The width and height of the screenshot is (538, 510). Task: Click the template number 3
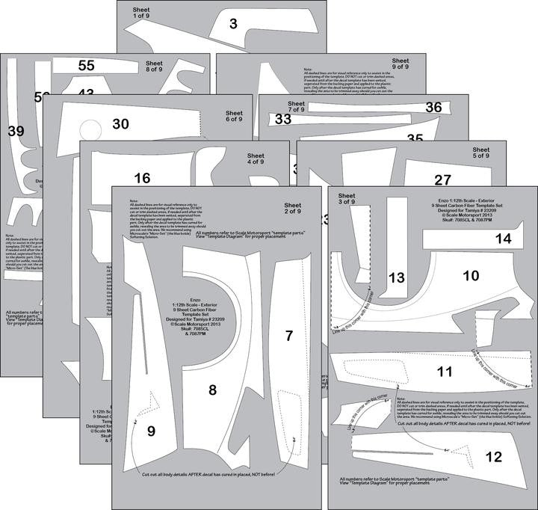click(x=233, y=25)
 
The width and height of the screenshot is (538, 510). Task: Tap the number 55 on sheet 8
click(x=86, y=66)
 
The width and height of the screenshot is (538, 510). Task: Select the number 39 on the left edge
click(x=16, y=131)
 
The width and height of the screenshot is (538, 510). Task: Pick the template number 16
click(x=143, y=178)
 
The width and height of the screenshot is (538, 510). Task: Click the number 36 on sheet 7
click(x=433, y=107)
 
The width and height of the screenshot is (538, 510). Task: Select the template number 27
click(x=442, y=179)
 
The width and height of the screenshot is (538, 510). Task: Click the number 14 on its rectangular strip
click(x=503, y=239)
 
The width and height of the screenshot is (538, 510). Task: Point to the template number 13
click(x=396, y=277)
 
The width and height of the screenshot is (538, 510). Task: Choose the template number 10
click(x=471, y=275)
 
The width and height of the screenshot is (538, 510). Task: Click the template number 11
click(x=445, y=372)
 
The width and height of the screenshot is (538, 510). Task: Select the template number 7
click(x=289, y=336)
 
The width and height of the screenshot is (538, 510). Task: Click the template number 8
click(x=212, y=390)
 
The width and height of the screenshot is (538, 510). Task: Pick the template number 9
click(x=150, y=431)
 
